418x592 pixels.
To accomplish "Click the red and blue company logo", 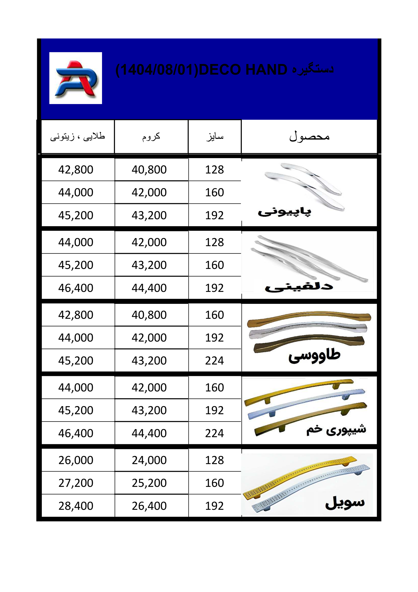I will coord(76,78).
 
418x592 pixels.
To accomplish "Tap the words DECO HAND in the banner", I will coord(243,70).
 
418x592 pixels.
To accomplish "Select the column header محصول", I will coord(309,137).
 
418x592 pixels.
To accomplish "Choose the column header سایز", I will coord(215,137).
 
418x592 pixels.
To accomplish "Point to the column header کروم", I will coord(151,137).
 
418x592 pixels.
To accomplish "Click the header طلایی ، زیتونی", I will coord(78,137).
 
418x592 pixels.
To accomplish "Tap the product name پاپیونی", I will coord(284,212).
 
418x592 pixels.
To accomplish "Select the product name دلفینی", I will coord(299,287).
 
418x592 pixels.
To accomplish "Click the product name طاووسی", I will coord(314,356).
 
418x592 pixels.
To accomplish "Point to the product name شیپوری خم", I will coord(336,430).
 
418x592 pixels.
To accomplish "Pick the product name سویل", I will coord(345,503).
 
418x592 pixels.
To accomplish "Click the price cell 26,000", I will coord(76,460).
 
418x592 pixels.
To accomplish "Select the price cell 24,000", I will coord(149,460).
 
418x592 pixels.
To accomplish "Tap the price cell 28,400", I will coord(76,506).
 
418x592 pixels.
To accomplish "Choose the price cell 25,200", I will coord(149,483).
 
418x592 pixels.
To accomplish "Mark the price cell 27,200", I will coord(76,483).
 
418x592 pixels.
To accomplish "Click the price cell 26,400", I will coord(149,506).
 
